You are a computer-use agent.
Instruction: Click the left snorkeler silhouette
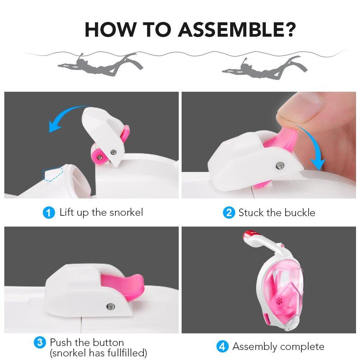[x=100, y=65]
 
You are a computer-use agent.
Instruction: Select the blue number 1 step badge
[x=49, y=213]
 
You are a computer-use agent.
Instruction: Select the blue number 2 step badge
[x=229, y=213]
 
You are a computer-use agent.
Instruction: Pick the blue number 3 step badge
[x=40, y=342]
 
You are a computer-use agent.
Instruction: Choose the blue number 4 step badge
[x=222, y=346]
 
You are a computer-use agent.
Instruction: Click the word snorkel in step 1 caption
[x=126, y=213]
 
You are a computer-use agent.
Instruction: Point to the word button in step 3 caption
[x=108, y=342]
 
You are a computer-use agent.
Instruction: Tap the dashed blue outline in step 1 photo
[x=53, y=174]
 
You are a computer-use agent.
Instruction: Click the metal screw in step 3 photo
[x=111, y=306]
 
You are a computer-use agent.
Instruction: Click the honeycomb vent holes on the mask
[x=279, y=301]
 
